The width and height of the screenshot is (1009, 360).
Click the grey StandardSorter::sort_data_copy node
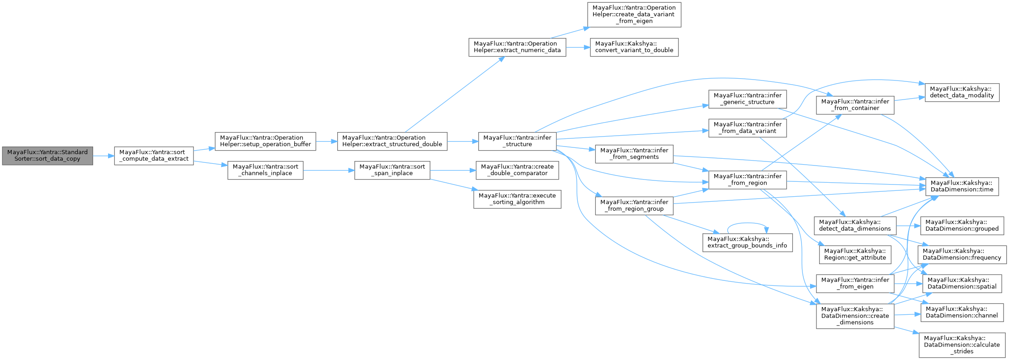tap(47, 156)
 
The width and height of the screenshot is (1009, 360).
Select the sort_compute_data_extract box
tap(154, 156)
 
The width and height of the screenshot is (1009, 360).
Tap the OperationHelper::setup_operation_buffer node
tap(265, 141)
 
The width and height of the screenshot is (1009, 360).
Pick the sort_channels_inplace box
tap(265, 170)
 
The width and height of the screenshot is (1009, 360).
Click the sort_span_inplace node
tap(392, 170)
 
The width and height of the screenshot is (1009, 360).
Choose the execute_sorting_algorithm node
tap(517, 199)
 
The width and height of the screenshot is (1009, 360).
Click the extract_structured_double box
tap(392, 141)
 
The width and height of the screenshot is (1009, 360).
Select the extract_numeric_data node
tap(517, 47)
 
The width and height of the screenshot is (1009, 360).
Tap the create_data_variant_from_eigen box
tap(634, 14)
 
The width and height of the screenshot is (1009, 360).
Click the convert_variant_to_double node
tap(634, 47)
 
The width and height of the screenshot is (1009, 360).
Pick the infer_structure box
tap(517, 141)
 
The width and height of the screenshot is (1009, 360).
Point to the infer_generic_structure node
tap(747, 99)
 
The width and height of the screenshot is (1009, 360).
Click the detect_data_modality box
tap(962, 92)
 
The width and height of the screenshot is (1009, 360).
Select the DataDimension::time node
tap(962, 186)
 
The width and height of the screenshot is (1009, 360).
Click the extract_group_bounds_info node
tap(747, 242)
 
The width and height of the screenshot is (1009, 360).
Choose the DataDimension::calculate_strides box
tap(962, 345)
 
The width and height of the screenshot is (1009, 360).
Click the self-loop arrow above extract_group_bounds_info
tap(747, 223)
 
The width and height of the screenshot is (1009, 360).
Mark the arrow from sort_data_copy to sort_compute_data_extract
tap(103, 156)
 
